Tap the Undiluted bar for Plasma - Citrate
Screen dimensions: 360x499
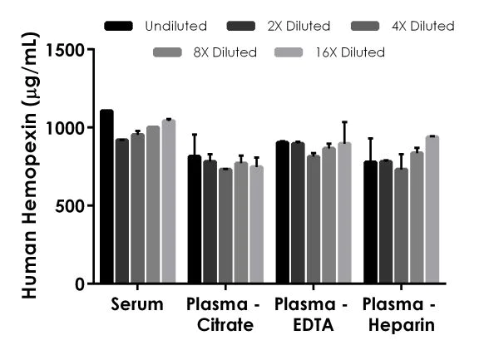pyautogui.click(x=194, y=219)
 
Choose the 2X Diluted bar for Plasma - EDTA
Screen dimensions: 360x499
pyautogui.click(x=298, y=213)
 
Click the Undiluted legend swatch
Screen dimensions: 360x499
pyautogui.click(x=121, y=27)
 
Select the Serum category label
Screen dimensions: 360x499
pyautogui.click(x=137, y=304)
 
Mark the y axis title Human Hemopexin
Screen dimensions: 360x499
pyautogui.click(x=27, y=166)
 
